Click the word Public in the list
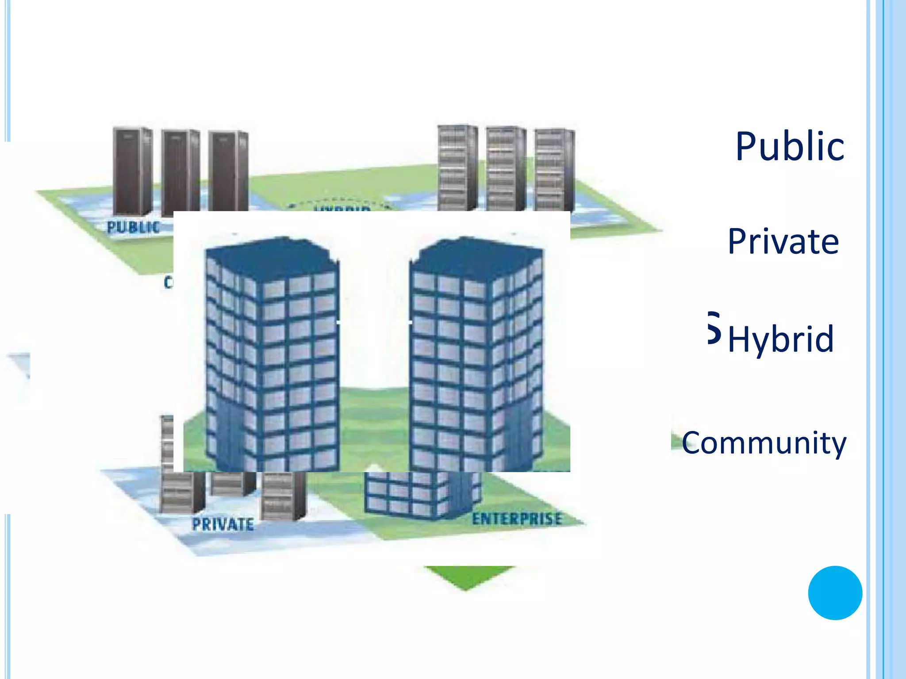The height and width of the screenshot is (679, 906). [790, 146]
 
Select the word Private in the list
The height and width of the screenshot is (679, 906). [783, 242]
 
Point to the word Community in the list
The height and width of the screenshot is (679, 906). [764, 442]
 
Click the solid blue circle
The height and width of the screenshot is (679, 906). [835, 593]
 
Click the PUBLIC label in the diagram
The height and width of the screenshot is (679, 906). [133, 227]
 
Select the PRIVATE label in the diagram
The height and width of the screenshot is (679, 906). [223, 525]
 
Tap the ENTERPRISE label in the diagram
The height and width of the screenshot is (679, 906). [517, 519]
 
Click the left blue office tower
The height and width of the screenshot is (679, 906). [272, 354]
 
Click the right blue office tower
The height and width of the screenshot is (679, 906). [476, 354]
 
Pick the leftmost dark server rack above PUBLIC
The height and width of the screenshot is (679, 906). [132, 170]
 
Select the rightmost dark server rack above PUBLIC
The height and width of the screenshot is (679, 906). [228, 170]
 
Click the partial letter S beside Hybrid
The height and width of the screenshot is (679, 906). [714, 328]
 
